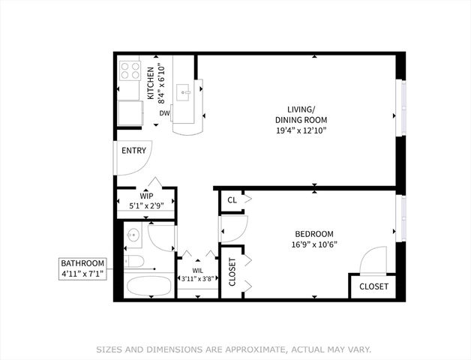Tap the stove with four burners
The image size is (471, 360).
[130, 71]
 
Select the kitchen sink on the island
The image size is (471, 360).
[184, 93]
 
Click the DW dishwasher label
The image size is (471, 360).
[163, 114]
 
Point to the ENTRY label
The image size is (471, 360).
[133, 151]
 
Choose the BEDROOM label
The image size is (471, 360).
[313, 233]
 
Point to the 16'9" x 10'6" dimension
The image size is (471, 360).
[313, 244]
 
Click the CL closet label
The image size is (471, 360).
[232, 200]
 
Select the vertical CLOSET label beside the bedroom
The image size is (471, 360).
[232, 273]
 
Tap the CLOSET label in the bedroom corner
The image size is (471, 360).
[373, 286]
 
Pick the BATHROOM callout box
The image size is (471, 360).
[83, 269]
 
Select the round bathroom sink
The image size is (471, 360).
[133, 235]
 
